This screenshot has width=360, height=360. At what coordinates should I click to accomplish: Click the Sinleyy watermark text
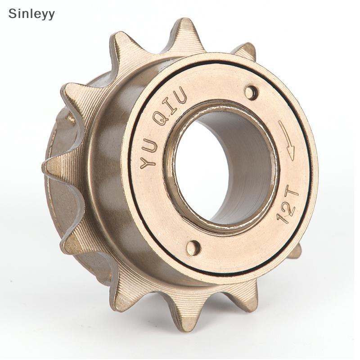(x=31, y=14)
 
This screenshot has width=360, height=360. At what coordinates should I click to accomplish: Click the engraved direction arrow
(x=287, y=139)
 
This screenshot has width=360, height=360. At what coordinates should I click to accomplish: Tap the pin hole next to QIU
(x=251, y=93)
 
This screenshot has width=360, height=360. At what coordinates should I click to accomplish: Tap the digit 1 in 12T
(x=283, y=218)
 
